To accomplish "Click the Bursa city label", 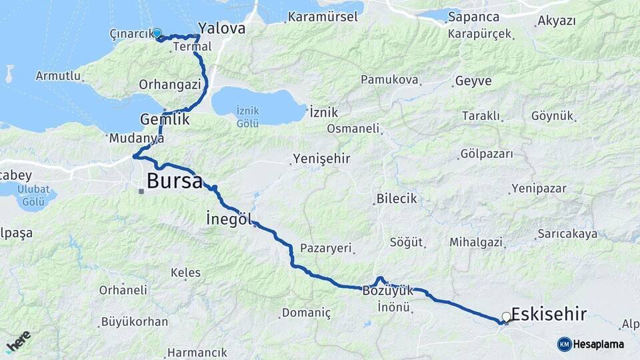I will [x=174, y=181].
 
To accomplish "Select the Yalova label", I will [x=223, y=29].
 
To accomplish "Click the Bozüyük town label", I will [x=388, y=291].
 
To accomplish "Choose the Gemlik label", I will [x=165, y=120].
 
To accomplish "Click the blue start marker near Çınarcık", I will [x=157, y=32].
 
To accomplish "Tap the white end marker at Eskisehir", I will [x=507, y=317].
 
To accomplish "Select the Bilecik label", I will [x=396, y=199].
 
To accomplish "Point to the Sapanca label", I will [x=473, y=16].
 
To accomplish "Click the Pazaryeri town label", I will [x=325, y=248].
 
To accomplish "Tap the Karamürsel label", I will [x=323, y=16].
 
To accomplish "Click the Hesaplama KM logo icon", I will [x=565, y=344].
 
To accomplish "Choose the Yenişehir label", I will [x=321, y=159].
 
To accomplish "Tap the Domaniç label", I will [x=306, y=312].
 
